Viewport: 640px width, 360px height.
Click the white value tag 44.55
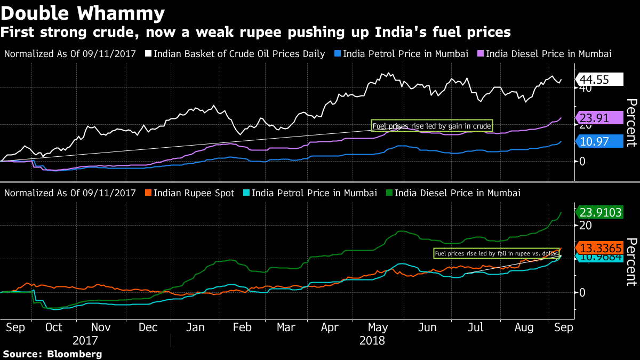(x=599, y=79)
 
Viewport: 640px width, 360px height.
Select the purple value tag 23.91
(x=599, y=119)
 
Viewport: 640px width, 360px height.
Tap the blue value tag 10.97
(x=599, y=141)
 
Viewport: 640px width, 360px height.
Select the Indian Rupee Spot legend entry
(x=194, y=193)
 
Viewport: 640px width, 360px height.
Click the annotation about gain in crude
(x=431, y=126)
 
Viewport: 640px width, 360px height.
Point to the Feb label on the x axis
(x=243, y=327)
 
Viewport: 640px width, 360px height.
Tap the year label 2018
(x=372, y=340)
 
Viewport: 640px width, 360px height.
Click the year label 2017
(x=85, y=340)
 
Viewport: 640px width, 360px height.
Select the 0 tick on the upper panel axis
(x=583, y=161)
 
